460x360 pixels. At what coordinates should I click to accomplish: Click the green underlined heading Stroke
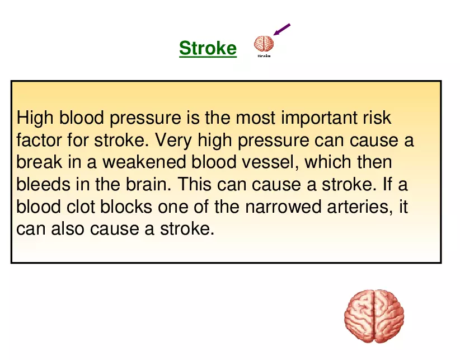[208, 48]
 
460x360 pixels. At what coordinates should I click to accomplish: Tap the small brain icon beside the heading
[264, 43]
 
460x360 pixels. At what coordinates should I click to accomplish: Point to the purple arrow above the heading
[283, 29]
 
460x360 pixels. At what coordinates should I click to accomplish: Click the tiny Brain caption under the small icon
[264, 55]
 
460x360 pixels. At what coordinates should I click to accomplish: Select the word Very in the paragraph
[173, 141]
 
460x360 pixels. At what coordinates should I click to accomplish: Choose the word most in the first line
[256, 119]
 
